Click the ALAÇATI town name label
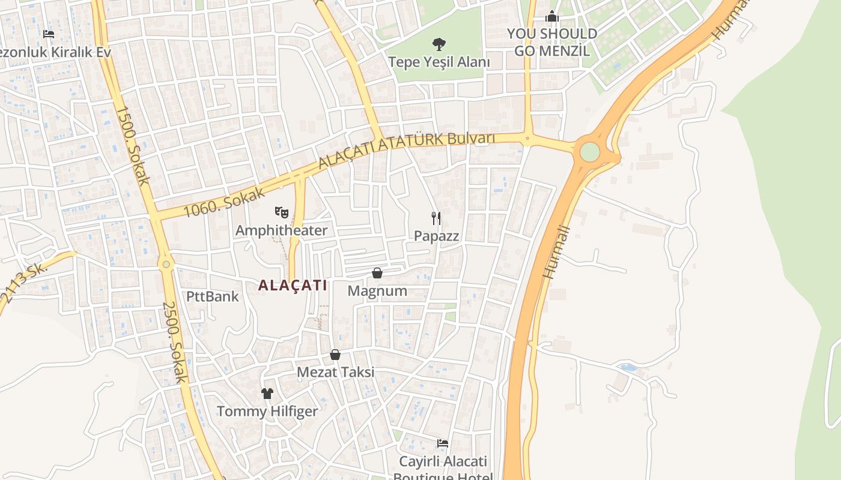pos(293,285)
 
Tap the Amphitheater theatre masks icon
pos(281,212)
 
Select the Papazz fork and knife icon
pos(436,218)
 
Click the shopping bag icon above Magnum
pos(377,273)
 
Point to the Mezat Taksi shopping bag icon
pos(335,355)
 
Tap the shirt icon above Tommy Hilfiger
pos(267,394)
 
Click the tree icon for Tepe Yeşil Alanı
pos(439,44)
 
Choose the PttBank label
pos(212,296)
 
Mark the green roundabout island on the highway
pos(590,152)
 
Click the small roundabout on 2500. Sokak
pos(166,263)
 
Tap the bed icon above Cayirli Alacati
pos(443,443)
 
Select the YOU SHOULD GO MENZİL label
pos(552,42)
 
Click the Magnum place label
pos(377,291)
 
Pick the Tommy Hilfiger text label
pos(267,412)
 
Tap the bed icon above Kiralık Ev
pos(49,34)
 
